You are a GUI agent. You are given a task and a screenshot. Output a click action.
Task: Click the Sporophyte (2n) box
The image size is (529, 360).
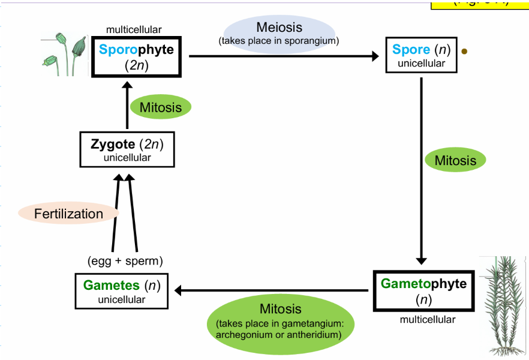137,57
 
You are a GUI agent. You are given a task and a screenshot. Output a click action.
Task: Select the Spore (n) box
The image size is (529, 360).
421,56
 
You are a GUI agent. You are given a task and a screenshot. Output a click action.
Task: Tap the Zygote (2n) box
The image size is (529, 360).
127,150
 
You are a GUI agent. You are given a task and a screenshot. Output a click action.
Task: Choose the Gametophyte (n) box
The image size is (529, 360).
423,290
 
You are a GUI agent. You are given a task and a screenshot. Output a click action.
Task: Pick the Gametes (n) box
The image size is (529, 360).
122,291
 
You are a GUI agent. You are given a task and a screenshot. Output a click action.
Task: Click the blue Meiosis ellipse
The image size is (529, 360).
279,32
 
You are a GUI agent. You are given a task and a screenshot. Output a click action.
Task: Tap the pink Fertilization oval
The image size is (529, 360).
68,214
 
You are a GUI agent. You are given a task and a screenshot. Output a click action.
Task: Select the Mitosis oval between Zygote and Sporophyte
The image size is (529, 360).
160,107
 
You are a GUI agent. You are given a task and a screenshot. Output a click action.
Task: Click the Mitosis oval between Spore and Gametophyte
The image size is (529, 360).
455,160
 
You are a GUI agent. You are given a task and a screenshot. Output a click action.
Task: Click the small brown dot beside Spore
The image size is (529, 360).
464,52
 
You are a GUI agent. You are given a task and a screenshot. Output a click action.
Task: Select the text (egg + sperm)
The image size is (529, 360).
125,261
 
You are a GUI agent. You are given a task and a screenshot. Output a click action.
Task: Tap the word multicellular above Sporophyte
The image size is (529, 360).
134,29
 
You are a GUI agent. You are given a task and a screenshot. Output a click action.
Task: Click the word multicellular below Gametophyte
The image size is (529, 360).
428,320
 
